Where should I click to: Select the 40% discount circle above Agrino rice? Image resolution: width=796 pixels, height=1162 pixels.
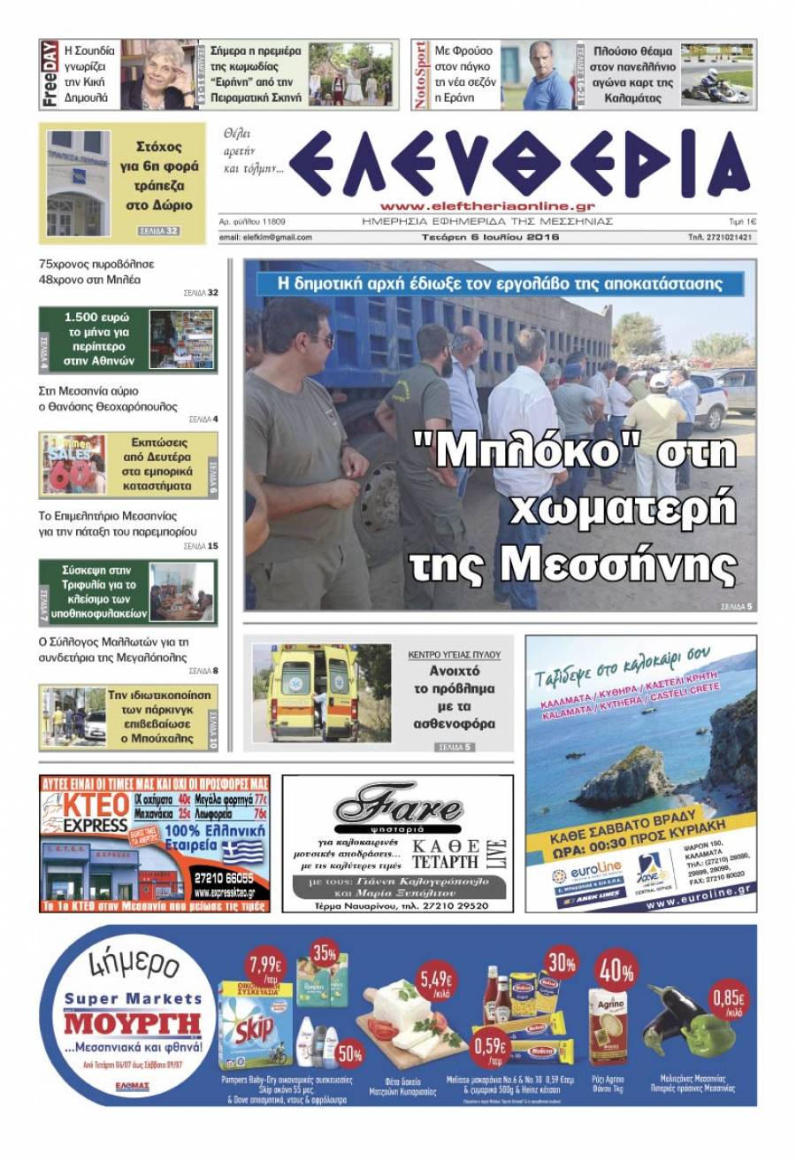616,971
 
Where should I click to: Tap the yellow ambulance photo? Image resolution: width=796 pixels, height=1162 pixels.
310,693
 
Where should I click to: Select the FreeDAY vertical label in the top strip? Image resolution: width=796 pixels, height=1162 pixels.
50,74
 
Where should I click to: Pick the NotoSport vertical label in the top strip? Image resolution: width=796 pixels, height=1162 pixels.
421,74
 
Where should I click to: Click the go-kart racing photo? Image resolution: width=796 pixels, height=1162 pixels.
716,74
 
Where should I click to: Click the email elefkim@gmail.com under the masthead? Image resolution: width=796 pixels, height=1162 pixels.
265,237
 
